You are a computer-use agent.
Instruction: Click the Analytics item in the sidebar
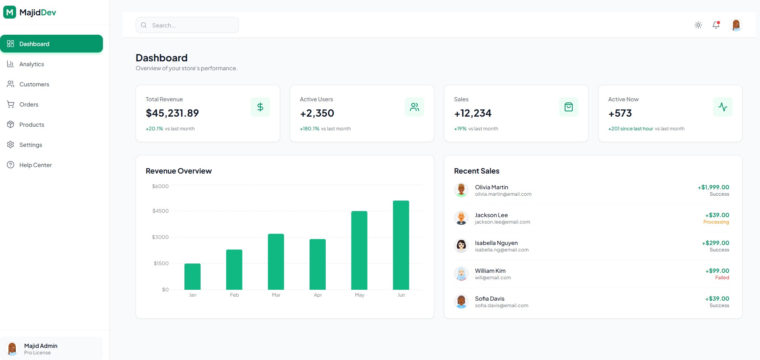[x=31, y=64]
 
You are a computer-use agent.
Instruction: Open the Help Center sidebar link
[x=36, y=165]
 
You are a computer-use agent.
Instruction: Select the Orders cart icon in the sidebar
[x=10, y=104]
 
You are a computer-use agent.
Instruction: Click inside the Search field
[x=190, y=25]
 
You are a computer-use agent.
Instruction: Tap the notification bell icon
[x=716, y=25]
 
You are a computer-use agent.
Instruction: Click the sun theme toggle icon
[x=698, y=25]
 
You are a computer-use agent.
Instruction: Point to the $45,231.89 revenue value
[x=172, y=113]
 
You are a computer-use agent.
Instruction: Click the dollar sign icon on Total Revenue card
[x=260, y=107]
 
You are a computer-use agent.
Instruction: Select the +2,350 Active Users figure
[x=317, y=113]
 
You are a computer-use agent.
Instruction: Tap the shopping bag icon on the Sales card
[x=569, y=107]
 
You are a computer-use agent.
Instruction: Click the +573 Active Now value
[x=620, y=113]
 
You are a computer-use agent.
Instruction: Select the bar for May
[x=359, y=250]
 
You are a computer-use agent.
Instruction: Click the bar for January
[x=193, y=276]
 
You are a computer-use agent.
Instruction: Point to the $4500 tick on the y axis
[x=160, y=211]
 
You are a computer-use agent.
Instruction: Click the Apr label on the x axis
[x=318, y=295]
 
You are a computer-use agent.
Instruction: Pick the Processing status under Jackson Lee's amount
[x=716, y=222]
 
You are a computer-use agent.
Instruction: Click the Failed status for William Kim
[x=722, y=278]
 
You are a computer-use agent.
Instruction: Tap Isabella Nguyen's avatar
[x=461, y=245]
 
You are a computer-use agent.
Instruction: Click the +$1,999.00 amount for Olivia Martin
[x=713, y=187]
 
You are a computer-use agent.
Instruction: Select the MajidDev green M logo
[x=10, y=12]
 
